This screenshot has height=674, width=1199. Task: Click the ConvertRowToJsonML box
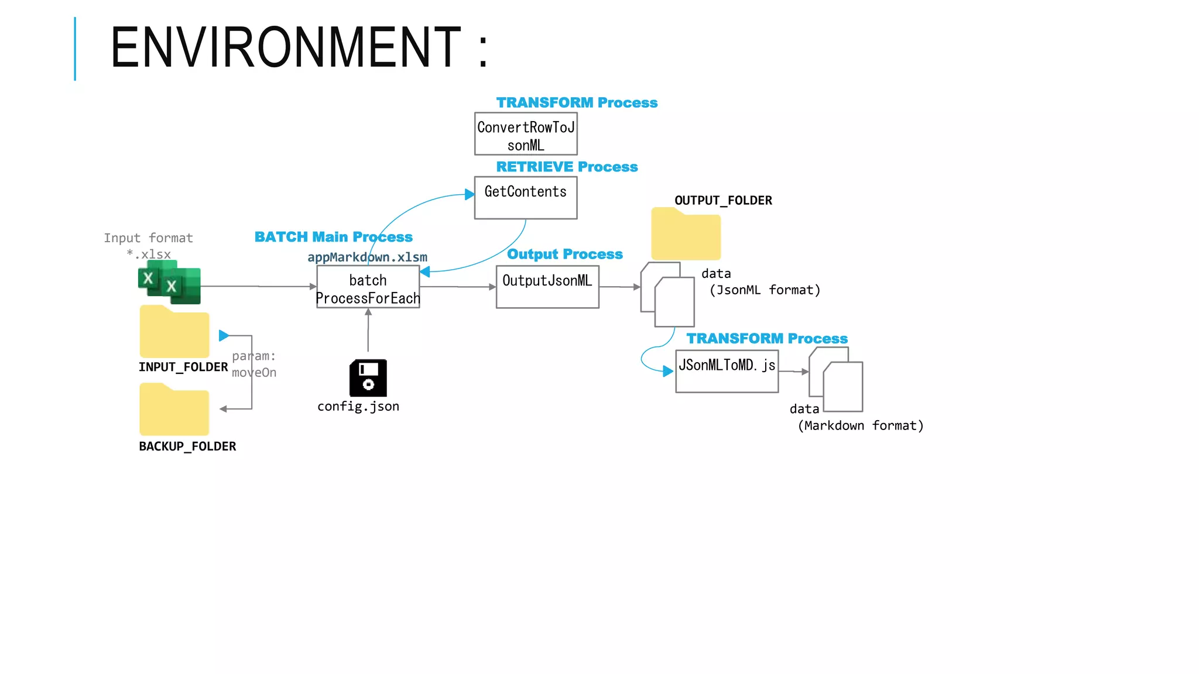(x=525, y=134)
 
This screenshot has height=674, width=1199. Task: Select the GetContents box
(x=525, y=198)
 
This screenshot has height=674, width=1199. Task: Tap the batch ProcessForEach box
(x=368, y=287)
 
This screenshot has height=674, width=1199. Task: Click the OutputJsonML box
(x=547, y=287)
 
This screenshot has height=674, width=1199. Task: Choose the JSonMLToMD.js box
(x=727, y=371)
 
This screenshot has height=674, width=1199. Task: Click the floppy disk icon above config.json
(x=368, y=378)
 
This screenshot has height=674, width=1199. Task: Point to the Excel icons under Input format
(x=169, y=283)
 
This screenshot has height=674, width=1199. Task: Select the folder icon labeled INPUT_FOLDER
(x=174, y=332)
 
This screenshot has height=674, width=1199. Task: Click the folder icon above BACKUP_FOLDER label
(x=174, y=410)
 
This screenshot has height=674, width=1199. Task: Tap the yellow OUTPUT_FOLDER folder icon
(x=686, y=235)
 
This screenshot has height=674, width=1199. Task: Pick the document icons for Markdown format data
(x=835, y=380)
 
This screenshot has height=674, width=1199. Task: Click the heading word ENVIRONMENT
(x=285, y=47)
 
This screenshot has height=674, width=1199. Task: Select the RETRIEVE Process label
(x=566, y=167)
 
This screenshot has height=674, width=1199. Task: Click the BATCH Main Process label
(x=333, y=237)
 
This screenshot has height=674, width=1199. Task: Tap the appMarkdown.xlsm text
(x=367, y=257)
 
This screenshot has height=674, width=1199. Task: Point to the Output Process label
(x=564, y=254)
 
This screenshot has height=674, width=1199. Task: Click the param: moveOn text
(x=253, y=364)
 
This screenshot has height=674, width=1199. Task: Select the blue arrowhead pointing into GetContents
(x=470, y=194)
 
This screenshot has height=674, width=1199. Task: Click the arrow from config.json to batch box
(x=368, y=331)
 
